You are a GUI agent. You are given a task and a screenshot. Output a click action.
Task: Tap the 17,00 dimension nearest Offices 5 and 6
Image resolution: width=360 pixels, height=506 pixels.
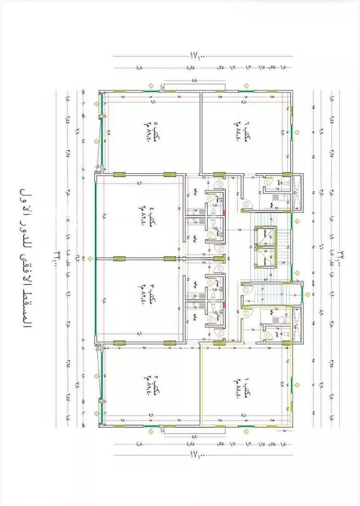[x=197, y=56]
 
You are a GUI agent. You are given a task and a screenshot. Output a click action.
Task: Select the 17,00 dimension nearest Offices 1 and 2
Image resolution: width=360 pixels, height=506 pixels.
[x=197, y=452]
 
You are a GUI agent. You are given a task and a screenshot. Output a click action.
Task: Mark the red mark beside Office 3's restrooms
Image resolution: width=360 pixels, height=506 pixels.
[x=224, y=304]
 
